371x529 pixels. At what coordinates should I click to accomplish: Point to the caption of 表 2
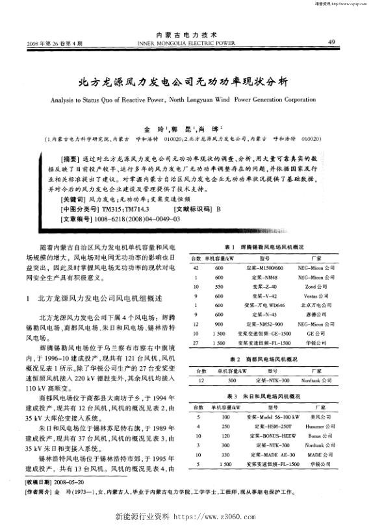[x=262, y=358]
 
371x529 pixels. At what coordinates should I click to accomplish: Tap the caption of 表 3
[x=262, y=395]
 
